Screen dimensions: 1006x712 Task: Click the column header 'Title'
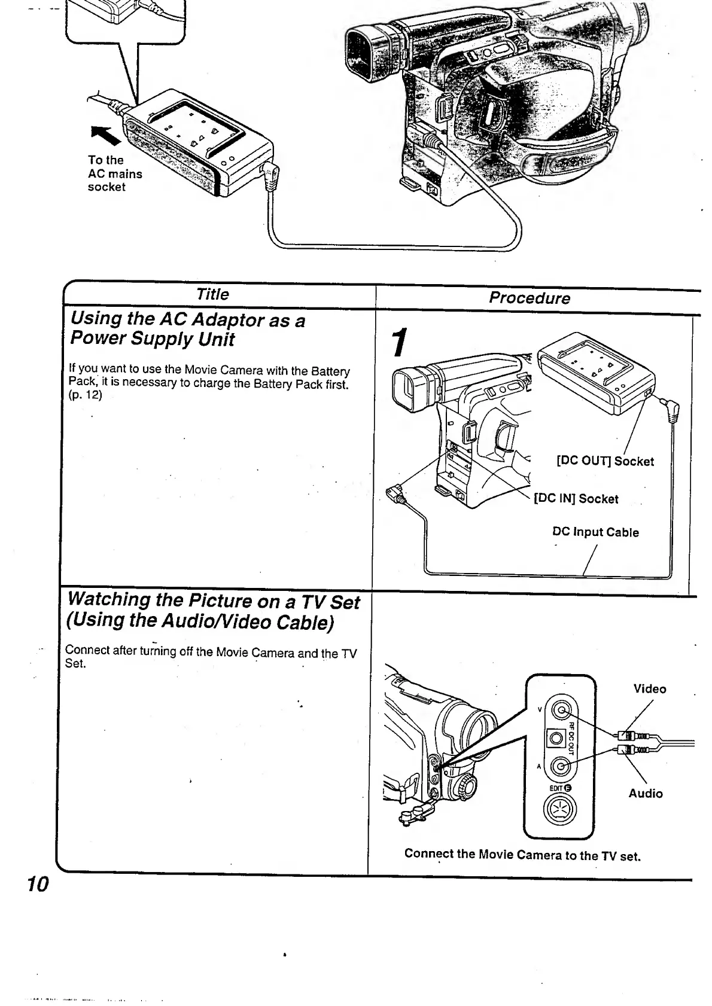(212, 294)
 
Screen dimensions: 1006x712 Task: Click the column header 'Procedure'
(530, 298)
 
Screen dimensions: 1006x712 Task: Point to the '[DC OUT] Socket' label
(605, 461)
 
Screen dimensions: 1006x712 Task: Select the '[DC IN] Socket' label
(576, 499)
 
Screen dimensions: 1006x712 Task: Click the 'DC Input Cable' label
(595, 532)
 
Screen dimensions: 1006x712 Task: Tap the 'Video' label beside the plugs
(650, 688)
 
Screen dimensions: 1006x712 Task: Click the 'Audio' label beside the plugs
(646, 794)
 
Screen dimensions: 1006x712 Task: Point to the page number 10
(37, 883)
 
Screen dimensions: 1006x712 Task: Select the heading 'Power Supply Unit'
(152, 339)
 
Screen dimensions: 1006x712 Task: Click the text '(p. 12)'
(86, 395)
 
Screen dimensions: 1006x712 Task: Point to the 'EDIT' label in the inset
(560, 788)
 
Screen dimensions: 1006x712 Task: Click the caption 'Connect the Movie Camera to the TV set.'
(522, 855)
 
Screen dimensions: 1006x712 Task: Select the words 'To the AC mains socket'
(114, 173)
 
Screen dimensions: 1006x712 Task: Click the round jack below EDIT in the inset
(561, 810)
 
